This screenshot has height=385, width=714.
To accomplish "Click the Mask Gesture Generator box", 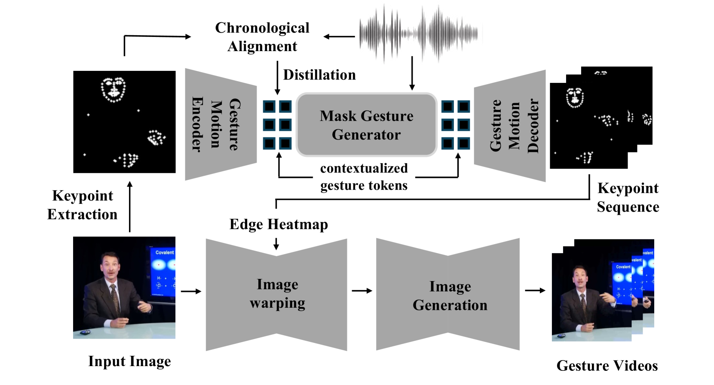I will (x=366, y=124).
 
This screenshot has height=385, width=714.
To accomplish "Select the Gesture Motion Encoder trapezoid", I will (x=220, y=124).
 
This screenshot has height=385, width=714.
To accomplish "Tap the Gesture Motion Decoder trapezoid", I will (x=510, y=125).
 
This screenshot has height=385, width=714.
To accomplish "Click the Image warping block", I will (x=276, y=294).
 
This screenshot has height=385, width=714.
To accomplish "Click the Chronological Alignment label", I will (x=262, y=37).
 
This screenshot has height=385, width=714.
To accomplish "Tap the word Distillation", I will (x=319, y=75).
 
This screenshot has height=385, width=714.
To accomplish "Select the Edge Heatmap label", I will (x=279, y=224).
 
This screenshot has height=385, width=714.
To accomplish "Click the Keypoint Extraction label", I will (x=82, y=205).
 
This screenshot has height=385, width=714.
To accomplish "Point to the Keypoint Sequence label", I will (x=628, y=197).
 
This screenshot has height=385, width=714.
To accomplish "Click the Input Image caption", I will (x=129, y=361).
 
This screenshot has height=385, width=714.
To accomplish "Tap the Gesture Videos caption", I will (x=607, y=366).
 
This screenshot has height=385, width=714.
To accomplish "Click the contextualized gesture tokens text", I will (x=364, y=177).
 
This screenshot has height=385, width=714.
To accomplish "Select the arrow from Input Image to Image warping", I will (x=191, y=291).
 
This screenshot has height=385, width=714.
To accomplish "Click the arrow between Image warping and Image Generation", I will (x=362, y=291).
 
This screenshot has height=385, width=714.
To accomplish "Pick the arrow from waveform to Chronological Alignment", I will (x=339, y=37).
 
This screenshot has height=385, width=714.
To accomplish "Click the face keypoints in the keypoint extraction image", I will (x=113, y=89).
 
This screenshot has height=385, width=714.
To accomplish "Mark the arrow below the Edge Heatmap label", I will (x=276, y=244).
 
